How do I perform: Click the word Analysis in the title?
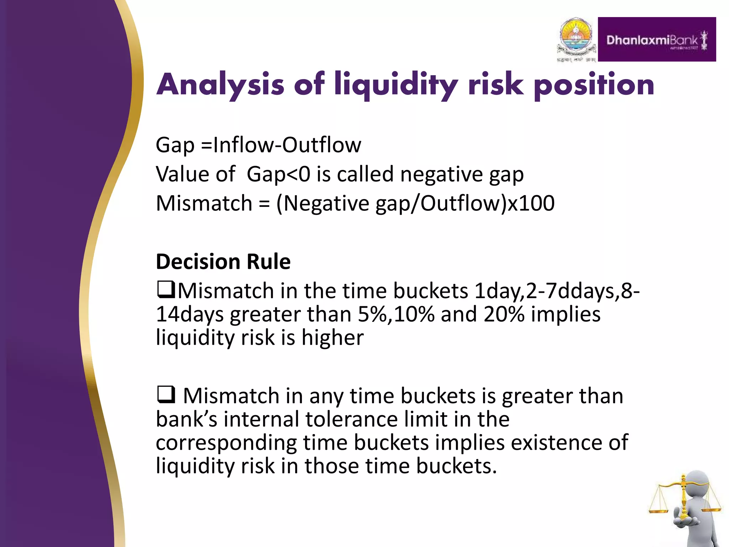click(220, 85)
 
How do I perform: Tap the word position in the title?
click(594, 85)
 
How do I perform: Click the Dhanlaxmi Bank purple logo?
click(657, 40)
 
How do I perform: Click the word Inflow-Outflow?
click(287, 145)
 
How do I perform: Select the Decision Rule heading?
click(223, 262)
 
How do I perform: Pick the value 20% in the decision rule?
click(504, 314)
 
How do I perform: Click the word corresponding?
click(226, 443)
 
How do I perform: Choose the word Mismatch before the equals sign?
click(204, 203)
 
